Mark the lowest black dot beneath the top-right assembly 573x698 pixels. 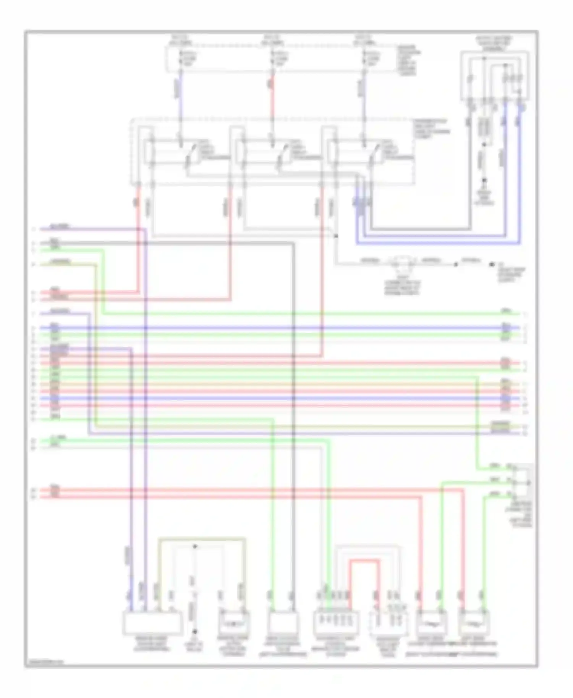[484, 180]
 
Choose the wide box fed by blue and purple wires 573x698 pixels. [152, 623]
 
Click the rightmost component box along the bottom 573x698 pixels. [474, 623]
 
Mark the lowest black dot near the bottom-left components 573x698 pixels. [194, 632]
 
